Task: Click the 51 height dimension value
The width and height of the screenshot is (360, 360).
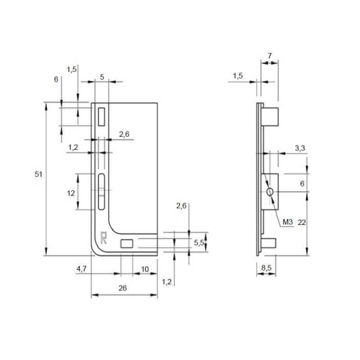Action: pos(38,175)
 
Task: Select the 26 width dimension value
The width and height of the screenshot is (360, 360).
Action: pos(122,288)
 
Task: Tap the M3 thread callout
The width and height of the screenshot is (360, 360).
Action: pos(287,222)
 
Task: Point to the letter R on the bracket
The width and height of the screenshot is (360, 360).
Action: pos(104,238)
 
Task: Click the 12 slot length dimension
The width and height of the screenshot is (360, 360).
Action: pos(71,193)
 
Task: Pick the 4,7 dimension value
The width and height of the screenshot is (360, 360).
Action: pos(81,269)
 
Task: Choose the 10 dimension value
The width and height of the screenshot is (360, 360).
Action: pos(145,269)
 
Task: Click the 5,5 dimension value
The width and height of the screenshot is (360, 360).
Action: pos(199,242)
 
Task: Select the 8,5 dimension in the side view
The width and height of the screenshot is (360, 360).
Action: pos(266,268)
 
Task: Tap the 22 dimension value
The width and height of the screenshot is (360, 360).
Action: pos(302,222)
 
